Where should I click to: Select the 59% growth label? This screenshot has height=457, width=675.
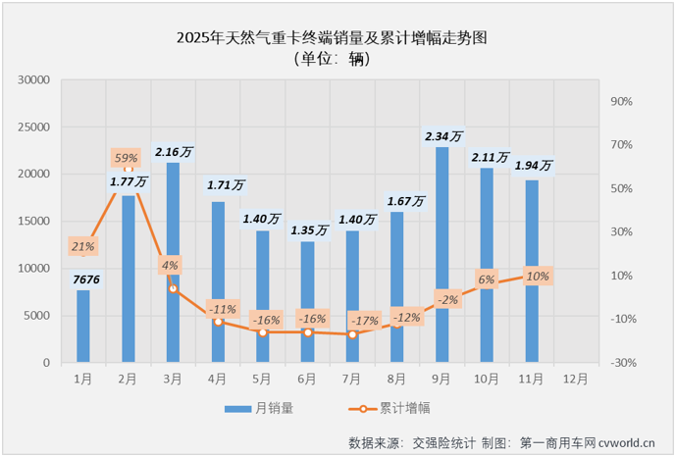click(x=127, y=157)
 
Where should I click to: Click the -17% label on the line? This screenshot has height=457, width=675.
click(x=365, y=320)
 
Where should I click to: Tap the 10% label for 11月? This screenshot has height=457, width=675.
click(x=537, y=276)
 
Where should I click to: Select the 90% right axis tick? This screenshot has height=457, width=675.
click(x=623, y=102)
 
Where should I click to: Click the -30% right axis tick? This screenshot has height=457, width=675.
click(x=623, y=363)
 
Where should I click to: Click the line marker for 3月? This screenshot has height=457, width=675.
click(x=173, y=288)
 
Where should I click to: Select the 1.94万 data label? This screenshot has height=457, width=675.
click(x=534, y=166)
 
